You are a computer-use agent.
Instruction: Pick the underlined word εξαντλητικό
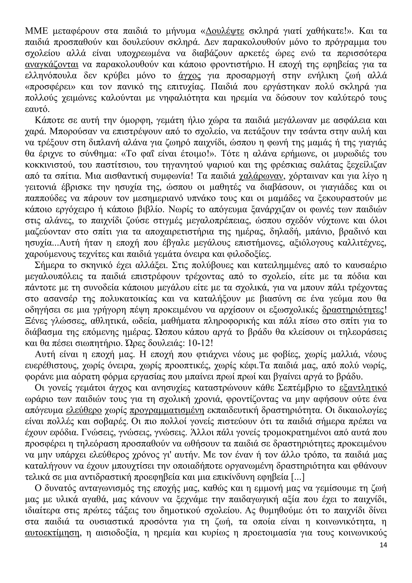coord(363,388)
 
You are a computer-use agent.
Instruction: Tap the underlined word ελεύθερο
coord(84,411)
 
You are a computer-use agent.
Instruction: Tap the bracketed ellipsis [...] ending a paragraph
coord(297,478)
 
